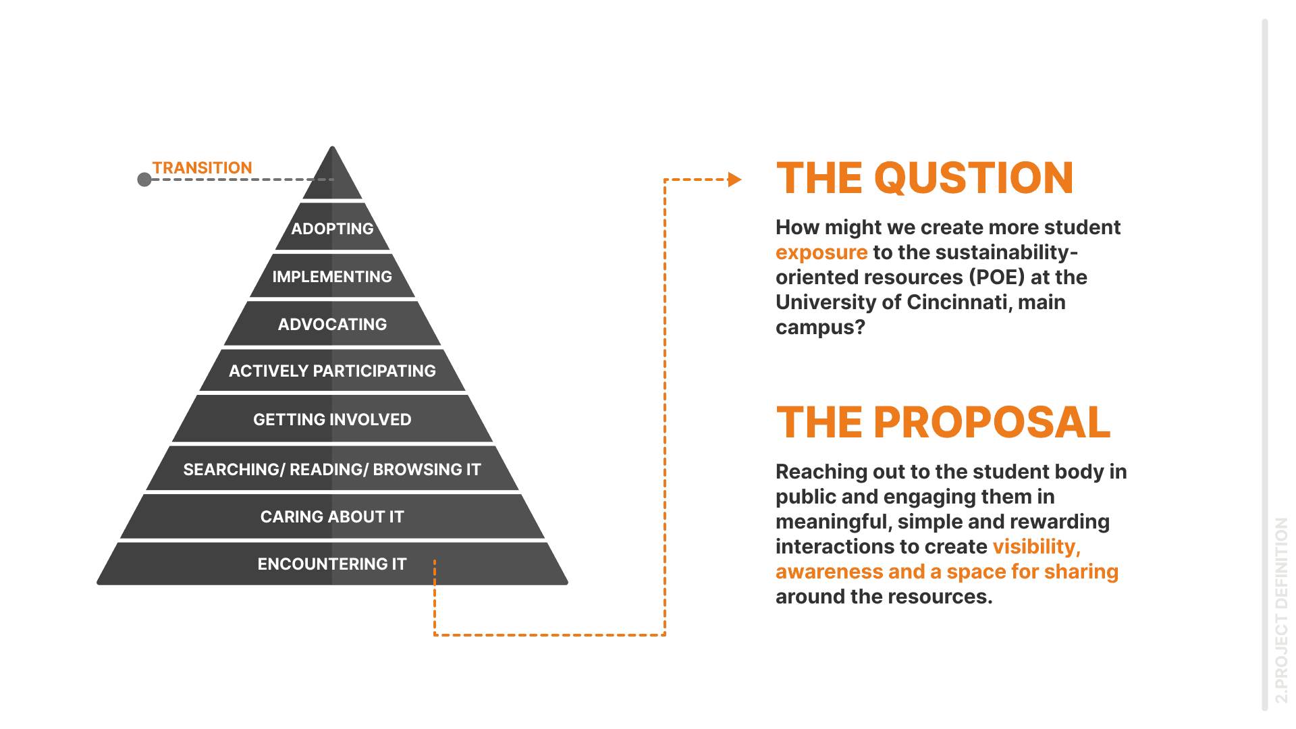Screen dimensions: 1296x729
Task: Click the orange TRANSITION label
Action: pos(202,167)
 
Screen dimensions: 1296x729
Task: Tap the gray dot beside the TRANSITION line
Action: pos(144,180)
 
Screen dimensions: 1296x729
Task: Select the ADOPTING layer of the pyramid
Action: pos(332,228)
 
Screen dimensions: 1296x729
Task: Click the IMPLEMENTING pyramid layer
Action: pos(332,276)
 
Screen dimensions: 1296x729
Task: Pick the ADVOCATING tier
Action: pos(332,324)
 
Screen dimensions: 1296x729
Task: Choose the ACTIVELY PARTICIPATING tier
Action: pos(332,371)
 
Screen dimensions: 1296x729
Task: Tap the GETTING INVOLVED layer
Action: pos(332,419)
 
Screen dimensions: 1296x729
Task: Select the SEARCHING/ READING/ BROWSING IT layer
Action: pos(332,469)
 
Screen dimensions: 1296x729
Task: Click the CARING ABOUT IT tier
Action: pos(332,516)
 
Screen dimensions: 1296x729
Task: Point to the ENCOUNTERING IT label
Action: pos(332,564)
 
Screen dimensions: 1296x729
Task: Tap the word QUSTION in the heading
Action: pos(973,178)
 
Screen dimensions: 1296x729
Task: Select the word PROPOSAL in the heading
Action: pos(992,423)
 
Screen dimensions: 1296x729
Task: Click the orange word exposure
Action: pos(821,252)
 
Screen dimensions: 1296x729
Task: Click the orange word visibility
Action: pos(1035,547)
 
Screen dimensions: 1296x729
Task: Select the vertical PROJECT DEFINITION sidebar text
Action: pos(1281,611)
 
